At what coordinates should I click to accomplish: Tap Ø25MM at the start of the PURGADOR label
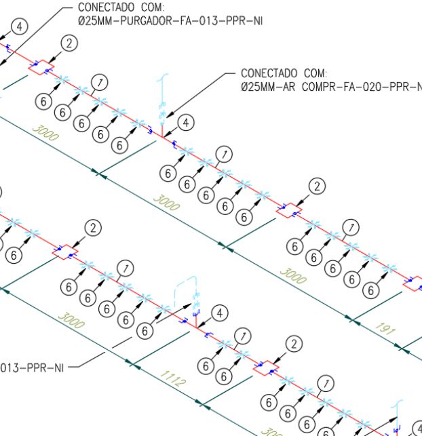[96, 21]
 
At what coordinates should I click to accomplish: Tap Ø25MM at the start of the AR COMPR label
[260, 87]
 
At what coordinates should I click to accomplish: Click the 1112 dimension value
[173, 379]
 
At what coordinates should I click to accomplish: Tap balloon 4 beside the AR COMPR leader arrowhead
[186, 123]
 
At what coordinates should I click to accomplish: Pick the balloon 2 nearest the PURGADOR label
[69, 43]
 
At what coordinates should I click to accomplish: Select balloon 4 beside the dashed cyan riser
[218, 313]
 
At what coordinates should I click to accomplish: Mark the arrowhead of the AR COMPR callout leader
[168, 114]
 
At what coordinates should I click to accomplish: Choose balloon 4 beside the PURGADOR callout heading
[20, 26]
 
